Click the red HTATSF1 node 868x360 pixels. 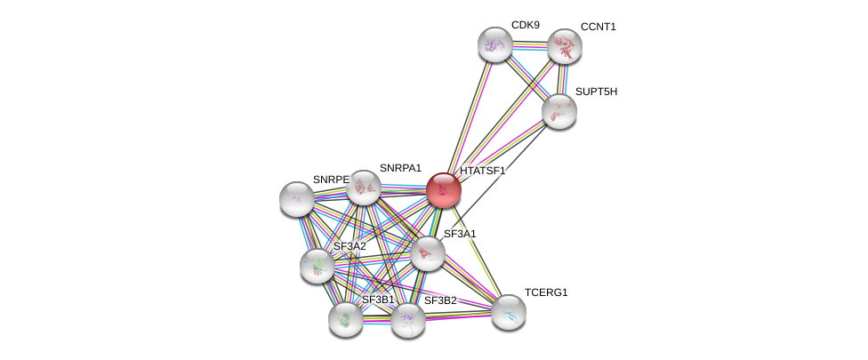point(443,189)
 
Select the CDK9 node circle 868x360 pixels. point(495,44)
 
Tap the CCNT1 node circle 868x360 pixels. point(564,46)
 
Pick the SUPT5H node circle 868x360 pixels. point(559,111)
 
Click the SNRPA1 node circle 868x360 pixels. point(364,187)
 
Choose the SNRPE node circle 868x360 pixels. point(296,198)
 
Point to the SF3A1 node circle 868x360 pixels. point(428,253)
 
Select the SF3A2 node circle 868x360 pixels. point(317,265)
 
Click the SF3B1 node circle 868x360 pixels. point(346,319)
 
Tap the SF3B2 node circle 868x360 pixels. point(408,320)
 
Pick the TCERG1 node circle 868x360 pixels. point(509,311)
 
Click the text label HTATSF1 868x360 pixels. point(482,171)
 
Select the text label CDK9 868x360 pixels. point(525,25)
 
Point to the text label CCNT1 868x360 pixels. point(598,27)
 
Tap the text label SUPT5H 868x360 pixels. point(596,92)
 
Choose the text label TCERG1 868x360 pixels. point(545,292)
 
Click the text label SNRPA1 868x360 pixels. point(400,168)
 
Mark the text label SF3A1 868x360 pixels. point(460,234)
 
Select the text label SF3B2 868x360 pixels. point(440,300)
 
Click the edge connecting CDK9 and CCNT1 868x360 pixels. point(529,45)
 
